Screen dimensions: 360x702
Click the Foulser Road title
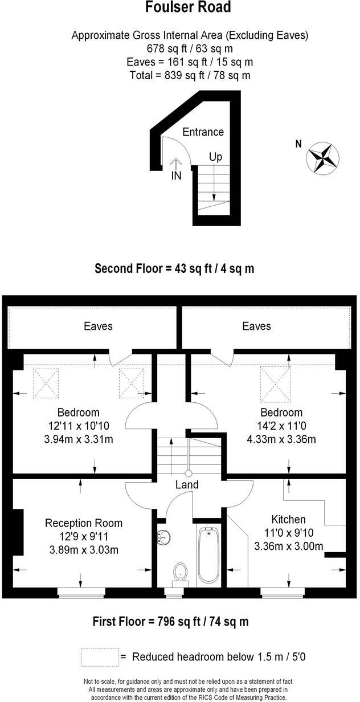[188, 7]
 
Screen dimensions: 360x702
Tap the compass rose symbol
[322, 158]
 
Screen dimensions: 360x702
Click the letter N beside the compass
[298, 144]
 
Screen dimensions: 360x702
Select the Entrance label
[203, 132]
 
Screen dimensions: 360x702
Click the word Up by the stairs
[215, 157]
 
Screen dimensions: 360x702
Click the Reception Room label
[84, 523]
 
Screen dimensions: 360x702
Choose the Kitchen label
[288, 519]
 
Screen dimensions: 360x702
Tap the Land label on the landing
[187, 485]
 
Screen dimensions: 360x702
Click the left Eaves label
[98, 326]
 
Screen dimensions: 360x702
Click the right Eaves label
[256, 326]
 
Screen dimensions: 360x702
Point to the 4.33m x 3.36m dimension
[281, 439]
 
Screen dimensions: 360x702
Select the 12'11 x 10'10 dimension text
[79, 426]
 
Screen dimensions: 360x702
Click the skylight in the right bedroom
[275, 384]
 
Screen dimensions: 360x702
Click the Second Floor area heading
[174, 268]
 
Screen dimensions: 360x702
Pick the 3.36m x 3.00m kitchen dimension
[289, 546]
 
